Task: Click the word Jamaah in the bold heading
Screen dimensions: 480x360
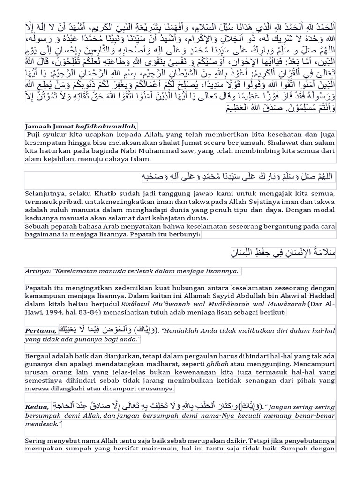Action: click(38, 126)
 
